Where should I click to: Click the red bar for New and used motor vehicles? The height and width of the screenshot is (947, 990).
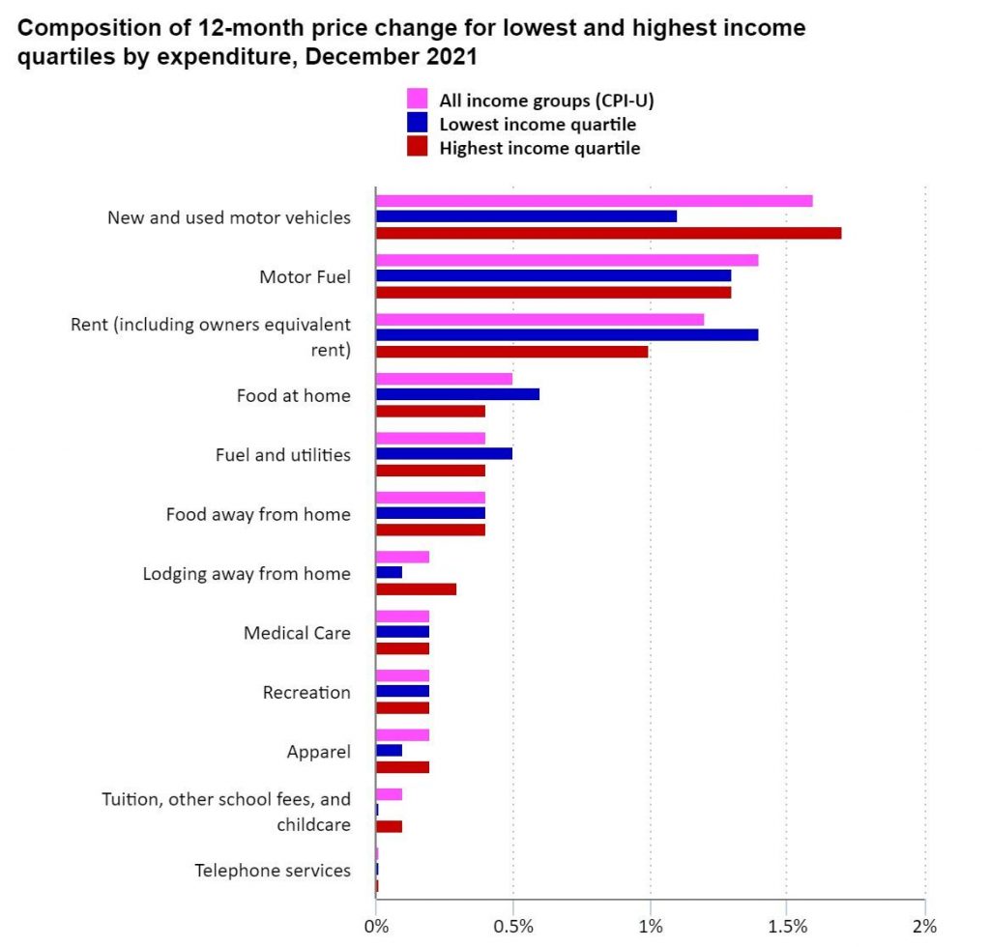click(x=608, y=233)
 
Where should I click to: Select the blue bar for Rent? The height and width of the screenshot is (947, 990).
click(x=567, y=334)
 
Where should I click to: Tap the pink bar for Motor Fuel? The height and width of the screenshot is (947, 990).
click(x=567, y=260)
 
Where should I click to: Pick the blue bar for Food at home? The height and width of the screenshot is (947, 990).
click(x=457, y=394)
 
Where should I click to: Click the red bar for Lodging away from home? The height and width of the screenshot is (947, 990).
click(x=416, y=588)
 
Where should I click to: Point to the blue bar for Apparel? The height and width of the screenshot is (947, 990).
click(x=389, y=751)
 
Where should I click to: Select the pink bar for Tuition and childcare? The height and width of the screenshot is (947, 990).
click(x=389, y=794)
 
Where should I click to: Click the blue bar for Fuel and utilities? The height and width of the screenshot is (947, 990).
click(x=444, y=453)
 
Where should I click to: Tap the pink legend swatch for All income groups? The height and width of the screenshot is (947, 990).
click(x=417, y=99)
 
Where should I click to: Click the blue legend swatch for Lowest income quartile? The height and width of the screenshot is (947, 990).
click(x=417, y=123)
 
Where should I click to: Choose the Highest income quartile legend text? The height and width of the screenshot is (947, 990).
click(x=539, y=148)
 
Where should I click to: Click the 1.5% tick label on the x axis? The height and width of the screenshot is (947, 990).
click(x=788, y=926)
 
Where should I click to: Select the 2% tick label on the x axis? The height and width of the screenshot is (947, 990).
click(x=925, y=926)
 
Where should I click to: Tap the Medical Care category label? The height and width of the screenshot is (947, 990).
click(x=297, y=633)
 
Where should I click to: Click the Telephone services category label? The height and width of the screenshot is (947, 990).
click(x=273, y=871)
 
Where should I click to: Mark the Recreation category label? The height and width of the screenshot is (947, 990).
click(x=306, y=692)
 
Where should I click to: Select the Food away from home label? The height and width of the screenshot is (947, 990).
click(x=258, y=514)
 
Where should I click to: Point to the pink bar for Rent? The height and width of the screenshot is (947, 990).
click(x=539, y=320)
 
